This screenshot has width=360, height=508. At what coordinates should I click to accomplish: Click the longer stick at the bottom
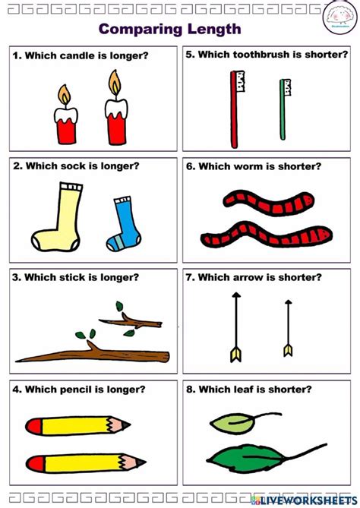[x=91, y=353]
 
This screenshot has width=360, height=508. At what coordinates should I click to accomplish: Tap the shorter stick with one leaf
[x=133, y=320]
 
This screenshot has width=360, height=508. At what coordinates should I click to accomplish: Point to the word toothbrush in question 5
[x=265, y=55]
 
